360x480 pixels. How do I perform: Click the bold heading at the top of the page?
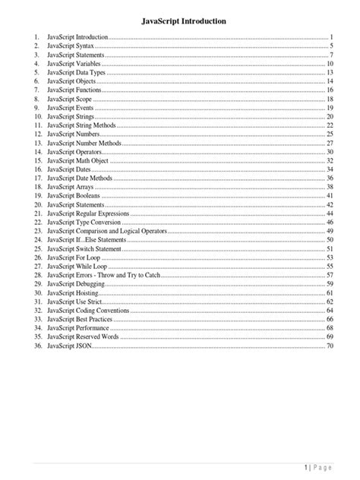(180, 22)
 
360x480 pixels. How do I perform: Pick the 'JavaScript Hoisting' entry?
(74, 292)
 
